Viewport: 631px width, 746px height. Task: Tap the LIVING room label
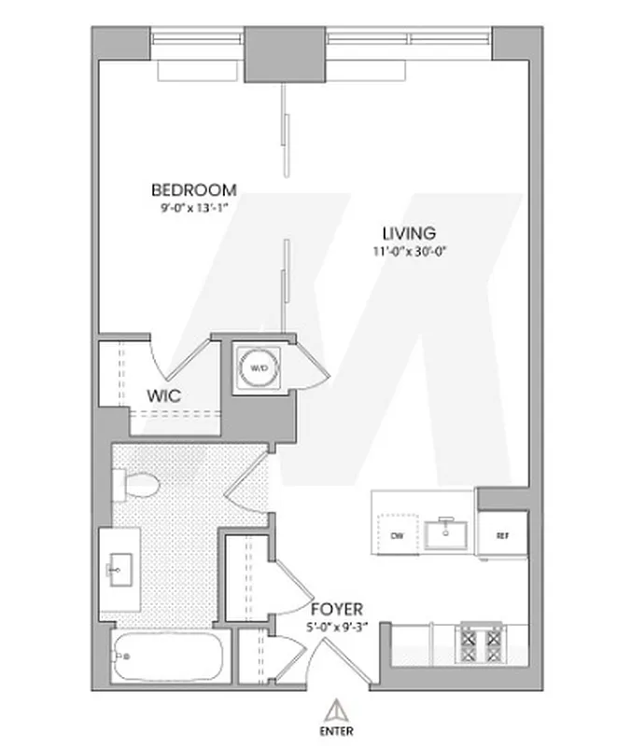409,233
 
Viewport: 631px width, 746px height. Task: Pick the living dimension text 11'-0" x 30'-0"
409,251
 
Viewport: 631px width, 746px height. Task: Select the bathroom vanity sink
120,567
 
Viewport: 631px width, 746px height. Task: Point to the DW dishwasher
397,535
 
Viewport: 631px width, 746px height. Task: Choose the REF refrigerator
503,535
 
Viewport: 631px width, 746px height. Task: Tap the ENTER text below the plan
333,730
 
